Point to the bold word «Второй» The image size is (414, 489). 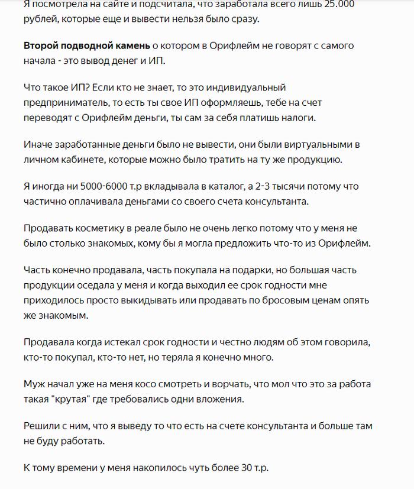tap(42, 46)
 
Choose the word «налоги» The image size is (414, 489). tap(300, 116)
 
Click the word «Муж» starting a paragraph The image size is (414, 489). tap(34, 384)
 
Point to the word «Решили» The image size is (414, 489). tap(43, 426)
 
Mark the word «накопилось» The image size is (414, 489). tap(159, 468)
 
